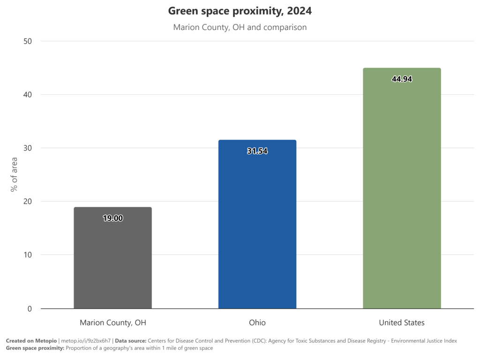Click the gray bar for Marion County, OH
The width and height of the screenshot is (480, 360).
tap(112, 258)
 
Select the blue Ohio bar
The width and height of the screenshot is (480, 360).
tap(257, 224)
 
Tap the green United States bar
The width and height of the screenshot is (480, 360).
tap(402, 188)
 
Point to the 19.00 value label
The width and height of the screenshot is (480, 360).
tap(112, 218)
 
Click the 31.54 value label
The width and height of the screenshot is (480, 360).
tap(257, 151)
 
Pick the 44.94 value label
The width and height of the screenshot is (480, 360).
tap(402, 79)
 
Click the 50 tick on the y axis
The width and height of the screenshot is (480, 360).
tap(28, 41)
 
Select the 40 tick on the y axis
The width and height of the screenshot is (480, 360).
tap(28, 95)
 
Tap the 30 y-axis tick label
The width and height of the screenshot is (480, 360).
tap(28, 148)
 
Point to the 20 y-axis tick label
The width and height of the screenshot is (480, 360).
tap(28, 202)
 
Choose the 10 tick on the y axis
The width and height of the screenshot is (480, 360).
tap(28, 255)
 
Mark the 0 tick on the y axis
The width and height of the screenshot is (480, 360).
tap(30, 308)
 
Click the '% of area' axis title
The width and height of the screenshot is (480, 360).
tap(14, 174)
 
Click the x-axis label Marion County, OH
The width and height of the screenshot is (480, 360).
tap(113, 322)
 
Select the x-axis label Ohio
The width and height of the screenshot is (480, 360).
tap(257, 322)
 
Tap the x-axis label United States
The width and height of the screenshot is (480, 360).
tap(402, 322)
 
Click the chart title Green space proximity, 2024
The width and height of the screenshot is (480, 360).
tap(240, 11)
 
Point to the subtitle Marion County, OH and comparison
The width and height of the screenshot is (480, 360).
tap(240, 27)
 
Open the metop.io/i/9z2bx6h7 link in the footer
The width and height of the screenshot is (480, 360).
tap(86, 341)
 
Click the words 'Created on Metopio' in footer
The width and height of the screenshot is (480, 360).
tap(31, 341)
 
